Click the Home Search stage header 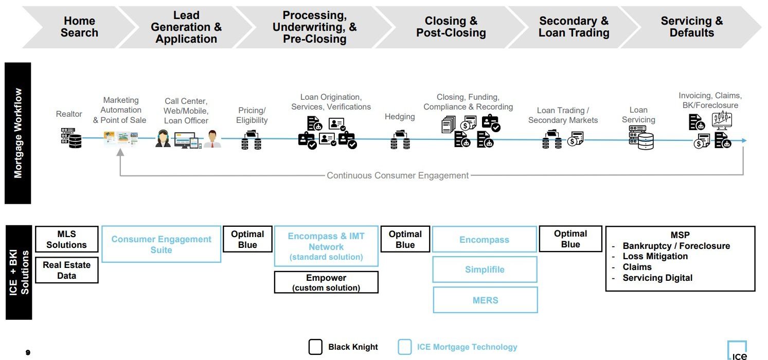pos(79,27)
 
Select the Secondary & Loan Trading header pos(574,27)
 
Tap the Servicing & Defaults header pos(691,27)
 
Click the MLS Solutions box pos(66,240)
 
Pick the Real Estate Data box pos(66,271)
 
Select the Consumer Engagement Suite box pos(161,244)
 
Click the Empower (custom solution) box pos(326,282)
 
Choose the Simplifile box pos(485,269)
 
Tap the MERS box pos(485,300)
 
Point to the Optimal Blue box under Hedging pos(405,240)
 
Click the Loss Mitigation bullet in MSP pos(654,256)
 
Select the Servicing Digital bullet pos(657,278)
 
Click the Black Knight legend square pos(315,347)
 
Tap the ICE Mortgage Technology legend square pos(404,347)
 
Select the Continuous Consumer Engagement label pos(398,175)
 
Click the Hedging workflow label pos(400,117)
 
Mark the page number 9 pos(28,352)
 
